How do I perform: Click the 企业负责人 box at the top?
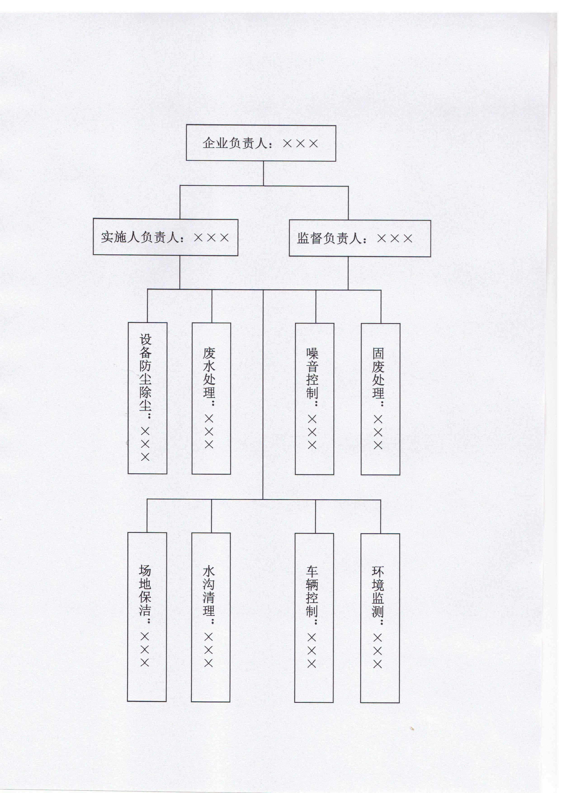(261, 143)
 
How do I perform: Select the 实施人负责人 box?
(165, 237)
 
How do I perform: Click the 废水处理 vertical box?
(211, 398)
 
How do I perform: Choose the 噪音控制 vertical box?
(314, 399)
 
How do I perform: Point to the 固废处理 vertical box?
(380, 399)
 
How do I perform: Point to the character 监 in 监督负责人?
(303, 238)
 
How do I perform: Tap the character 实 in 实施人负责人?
(107, 237)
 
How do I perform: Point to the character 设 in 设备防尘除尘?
(145, 340)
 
